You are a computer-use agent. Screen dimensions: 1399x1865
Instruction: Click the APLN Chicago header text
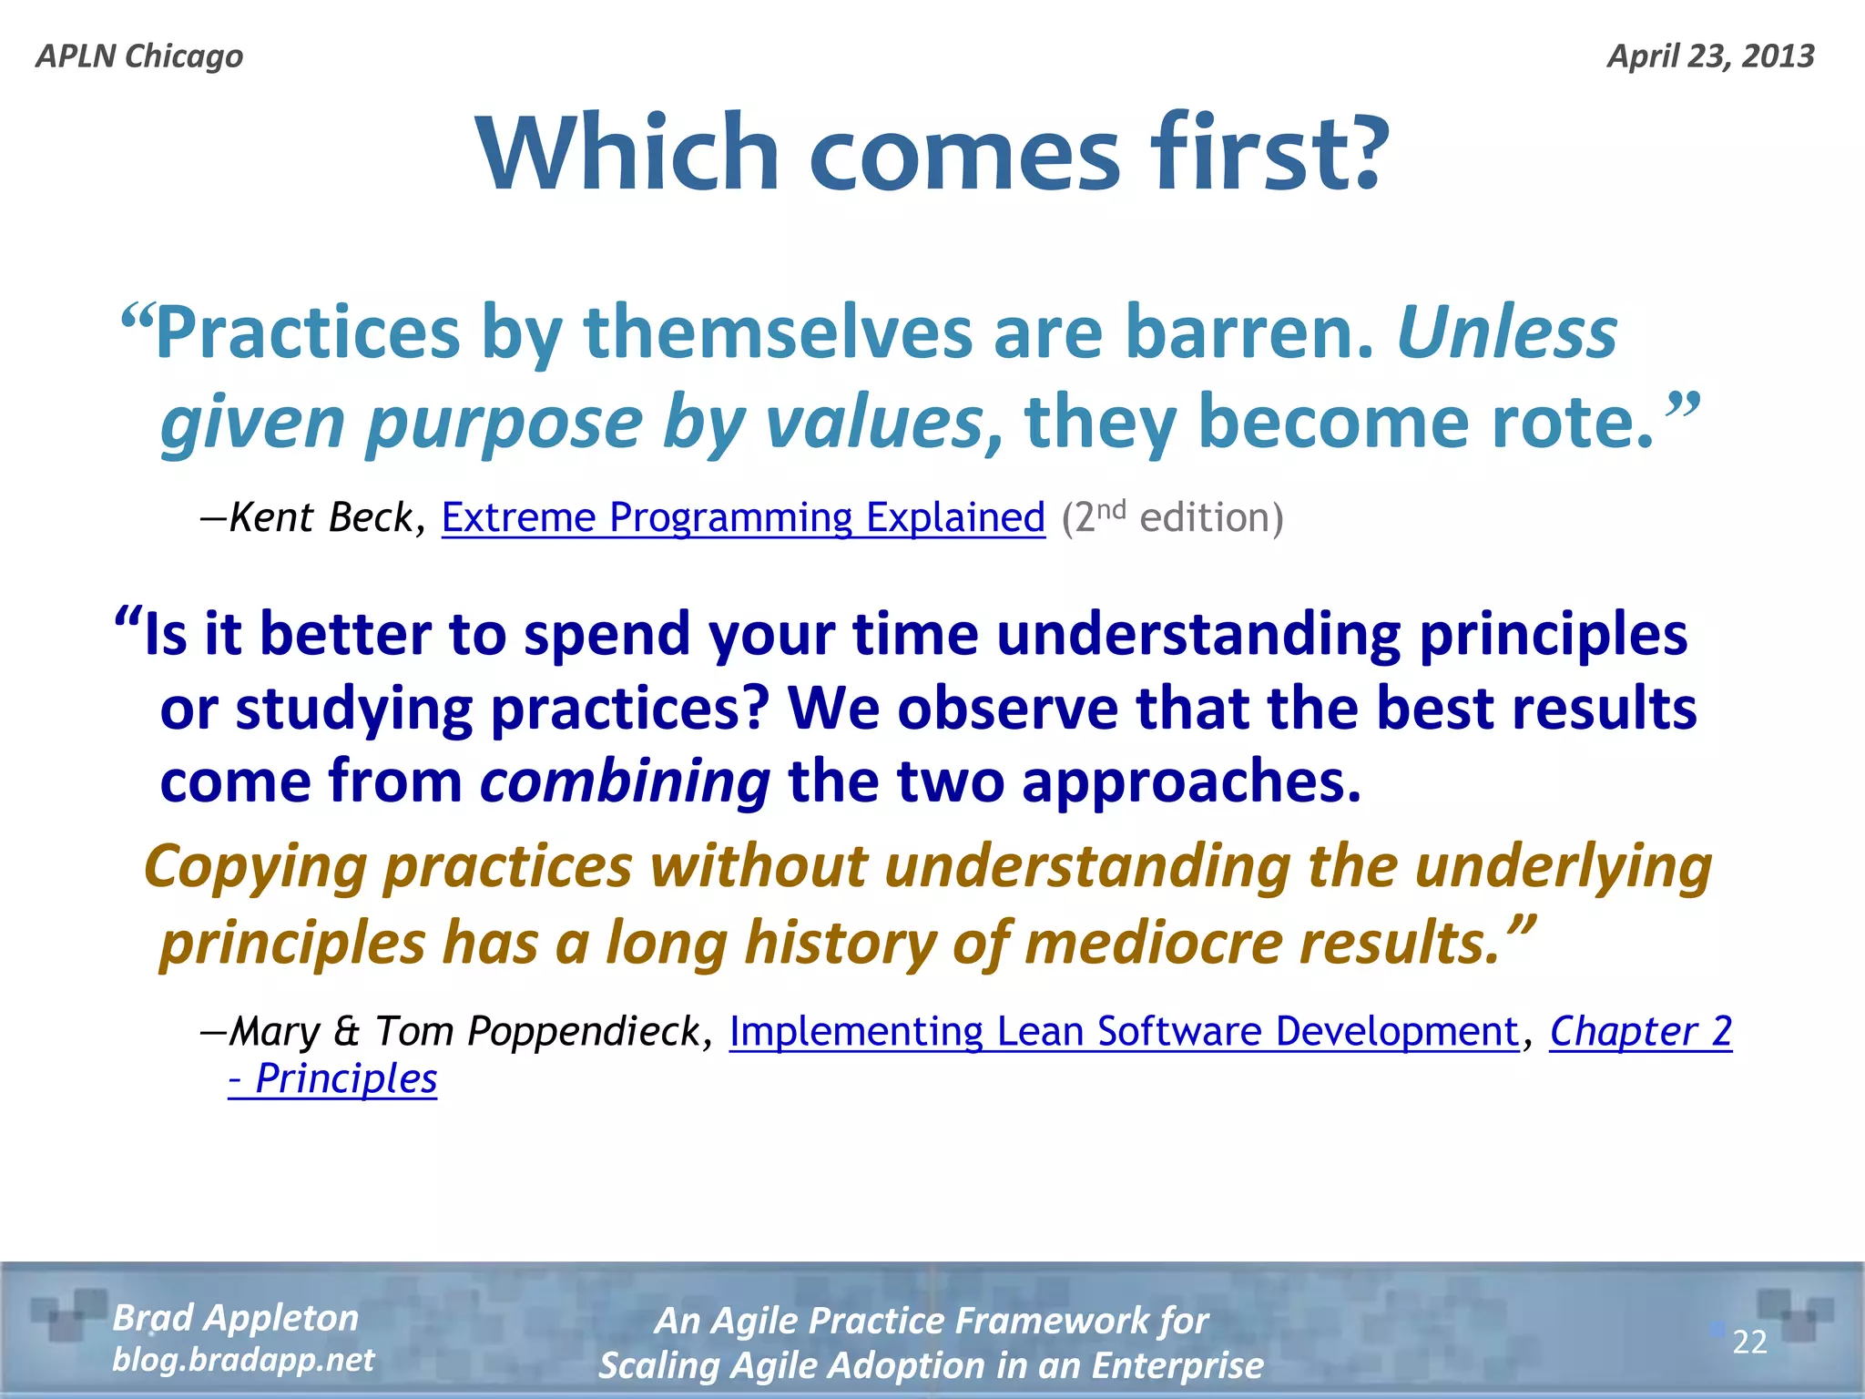pyautogui.click(x=139, y=56)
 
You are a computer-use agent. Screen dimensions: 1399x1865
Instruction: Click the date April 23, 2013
pyautogui.click(x=1710, y=56)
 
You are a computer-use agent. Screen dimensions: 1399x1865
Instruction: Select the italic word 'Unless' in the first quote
pyautogui.click(x=1507, y=332)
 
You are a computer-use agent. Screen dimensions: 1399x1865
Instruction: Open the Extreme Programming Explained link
pyautogui.click(x=743, y=517)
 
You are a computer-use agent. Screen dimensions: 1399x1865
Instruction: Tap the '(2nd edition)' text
pyautogui.click(x=1172, y=517)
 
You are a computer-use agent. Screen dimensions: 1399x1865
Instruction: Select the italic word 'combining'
pyautogui.click(x=625, y=781)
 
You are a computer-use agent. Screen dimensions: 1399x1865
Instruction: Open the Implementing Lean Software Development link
pyautogui.click(x=1124, y=1032)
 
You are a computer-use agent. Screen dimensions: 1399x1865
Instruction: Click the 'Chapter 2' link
pyautogui.click(x=1640, y=1032)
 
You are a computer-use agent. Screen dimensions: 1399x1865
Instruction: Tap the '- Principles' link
pyautogui.click(x=333, y=1079)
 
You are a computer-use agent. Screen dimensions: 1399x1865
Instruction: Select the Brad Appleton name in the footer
pyautogui.click(x=236, y=1318)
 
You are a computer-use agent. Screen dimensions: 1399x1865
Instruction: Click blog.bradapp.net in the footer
pyautogui.click(x=243, y=1360)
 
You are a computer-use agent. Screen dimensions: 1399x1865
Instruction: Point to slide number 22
pyautogui.click(x=1749, y=1343)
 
